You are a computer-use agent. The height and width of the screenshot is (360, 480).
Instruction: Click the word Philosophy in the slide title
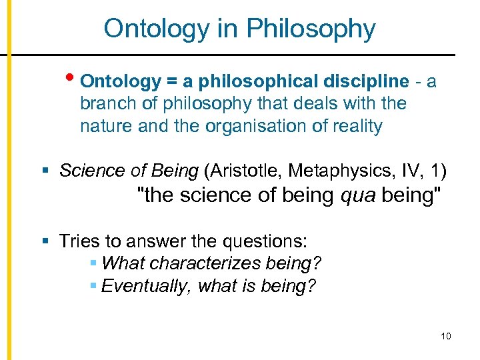coord(311,29)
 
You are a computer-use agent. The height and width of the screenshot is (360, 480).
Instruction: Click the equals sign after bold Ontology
coord(171,82)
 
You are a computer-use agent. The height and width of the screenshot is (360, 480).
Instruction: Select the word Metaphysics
coord(336,171)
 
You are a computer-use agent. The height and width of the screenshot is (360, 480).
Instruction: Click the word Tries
coord(79,241)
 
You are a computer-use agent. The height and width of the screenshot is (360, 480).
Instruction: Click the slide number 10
coord(446,336)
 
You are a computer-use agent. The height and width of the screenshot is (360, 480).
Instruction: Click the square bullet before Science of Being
coord(44,171)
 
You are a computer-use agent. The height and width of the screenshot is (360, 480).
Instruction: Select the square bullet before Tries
coord(44,241)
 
